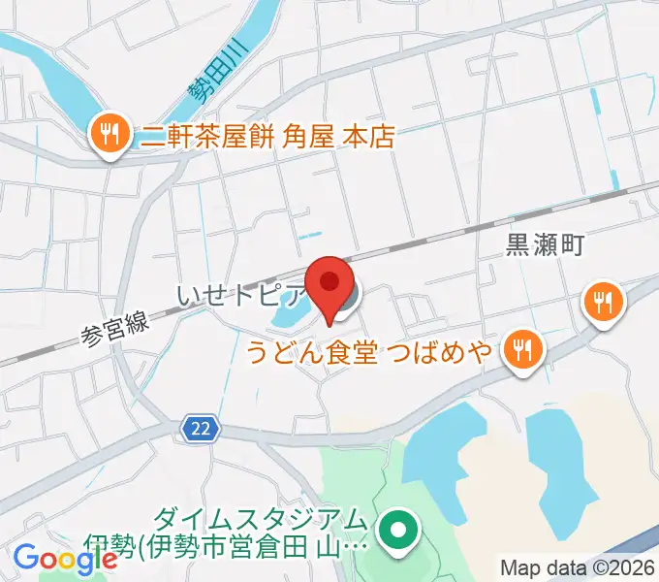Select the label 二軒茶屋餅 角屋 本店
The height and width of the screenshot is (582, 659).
(267, 137)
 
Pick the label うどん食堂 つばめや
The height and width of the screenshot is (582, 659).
(383, 349)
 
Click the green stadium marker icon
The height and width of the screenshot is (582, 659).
(397, 529)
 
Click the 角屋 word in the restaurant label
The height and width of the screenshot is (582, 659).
(309, 137)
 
